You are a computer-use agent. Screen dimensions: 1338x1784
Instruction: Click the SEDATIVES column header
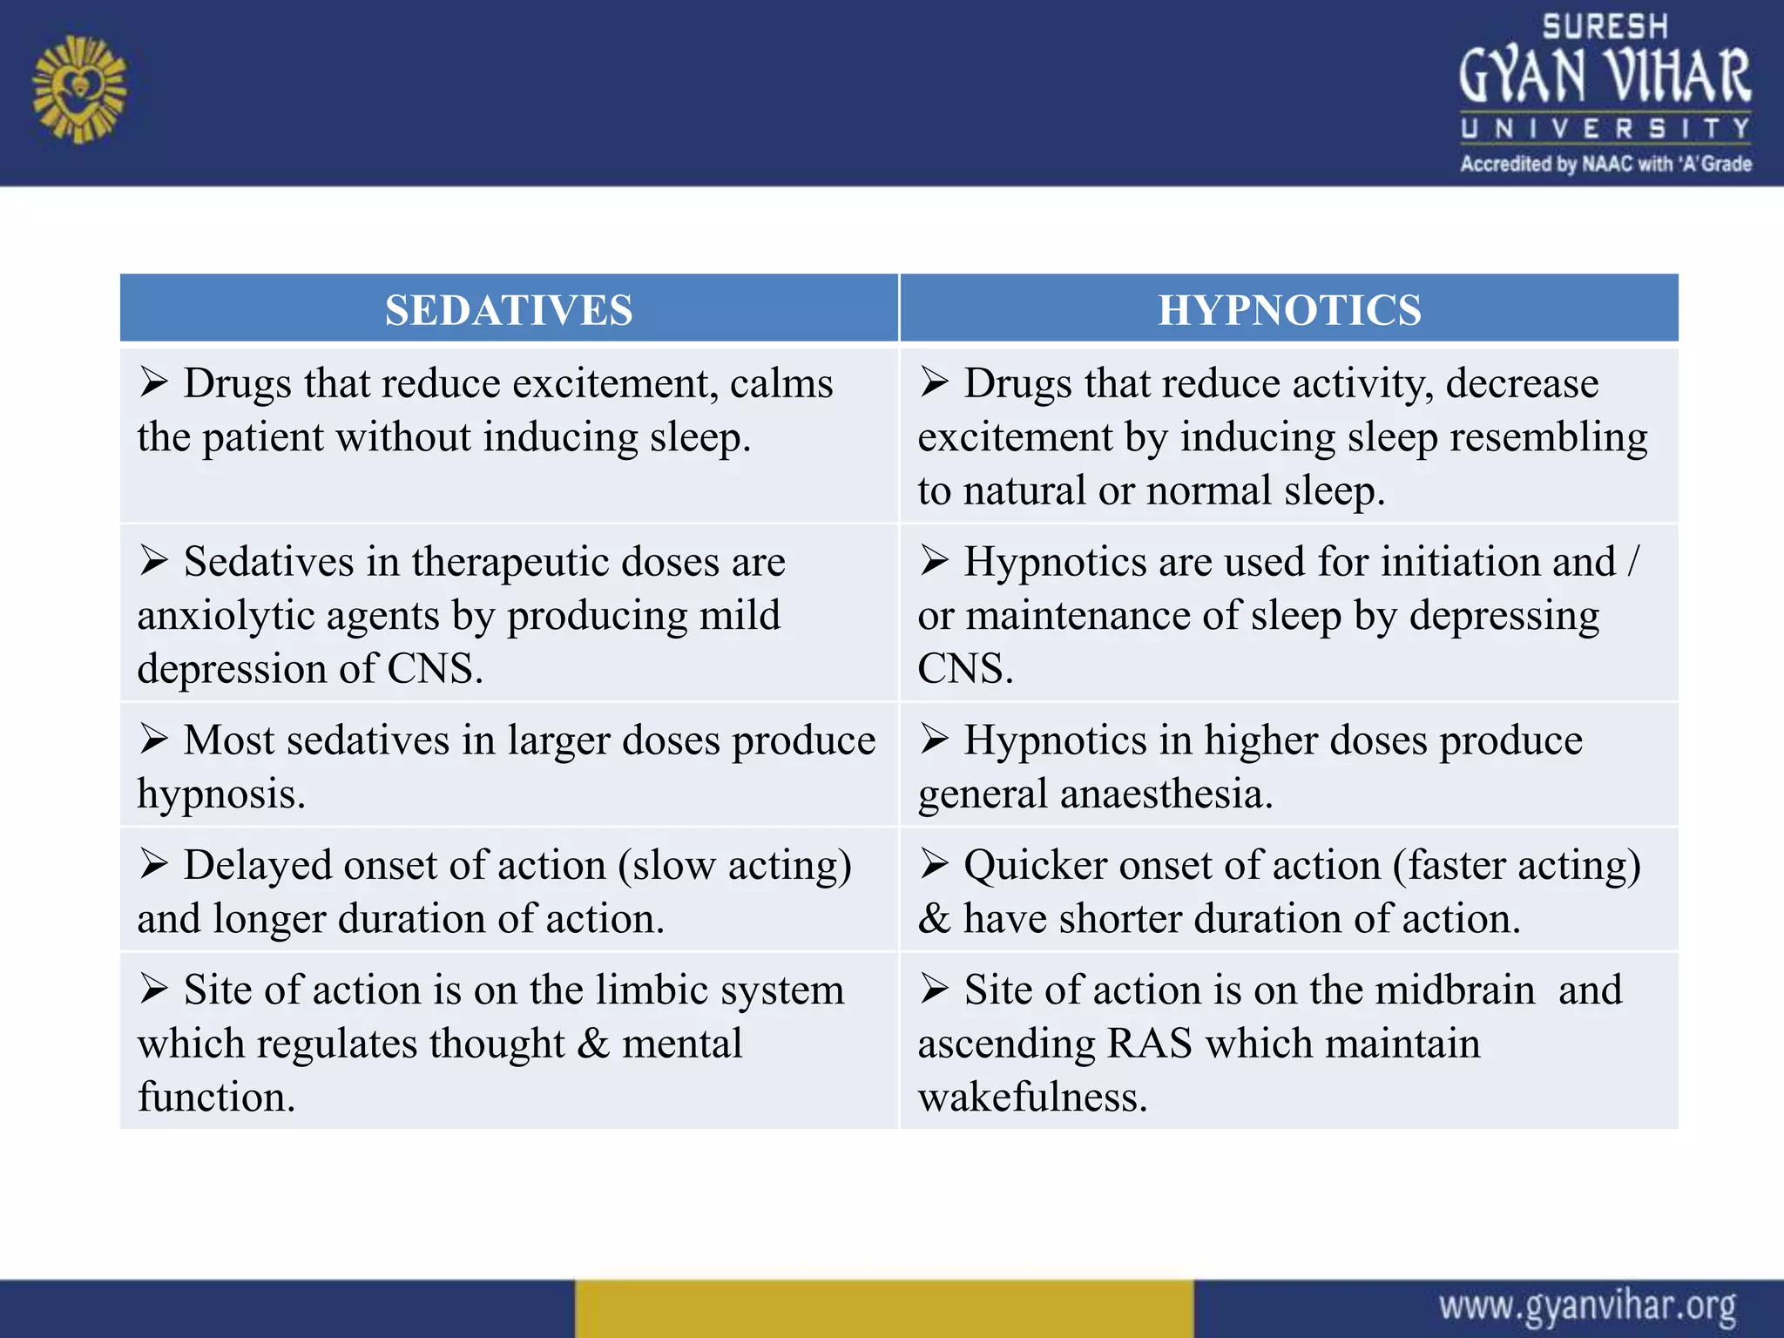click(x=509, y=310)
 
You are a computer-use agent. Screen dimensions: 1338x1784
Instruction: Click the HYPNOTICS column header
click(x=1289, y=310)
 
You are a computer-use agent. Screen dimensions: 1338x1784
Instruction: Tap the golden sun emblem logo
click(x=79, y=89)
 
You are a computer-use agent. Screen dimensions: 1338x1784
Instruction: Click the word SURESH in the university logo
click(x=1605, y=27)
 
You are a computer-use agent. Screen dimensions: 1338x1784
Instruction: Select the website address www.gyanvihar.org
click(x=1587, y=1307)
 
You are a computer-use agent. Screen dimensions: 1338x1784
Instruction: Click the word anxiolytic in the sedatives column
click(x=226, y=616)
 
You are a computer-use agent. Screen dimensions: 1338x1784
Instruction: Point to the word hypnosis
click(x=221, y=794)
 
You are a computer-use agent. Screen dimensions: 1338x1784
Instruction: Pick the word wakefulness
click(x=1032, y=1097)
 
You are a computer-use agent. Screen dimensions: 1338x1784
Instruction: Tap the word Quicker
click(x=1036, y=866)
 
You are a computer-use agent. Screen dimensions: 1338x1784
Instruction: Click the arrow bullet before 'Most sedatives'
click(x=154, y=740)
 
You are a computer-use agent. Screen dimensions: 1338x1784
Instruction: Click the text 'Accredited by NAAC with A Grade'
click(x=1605, y=164)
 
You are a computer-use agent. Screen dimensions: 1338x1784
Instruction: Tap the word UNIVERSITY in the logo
click(x=1605, y=129)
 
